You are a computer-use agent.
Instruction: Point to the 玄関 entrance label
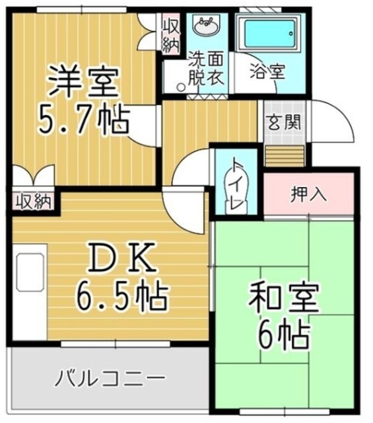[285, 123]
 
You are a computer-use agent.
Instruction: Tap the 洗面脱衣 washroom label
[206, 67]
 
